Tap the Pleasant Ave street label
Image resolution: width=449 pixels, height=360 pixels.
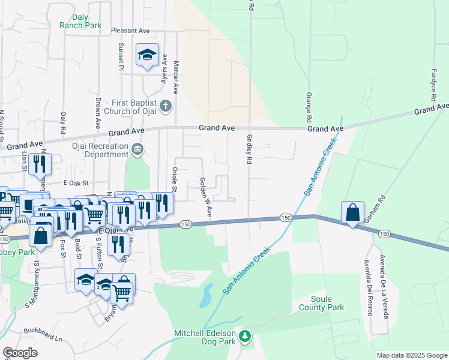(x=130, y=31)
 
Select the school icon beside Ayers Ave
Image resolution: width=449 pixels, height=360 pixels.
(x=147, y=56)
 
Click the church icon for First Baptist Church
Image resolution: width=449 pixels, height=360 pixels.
(x=166, y=107)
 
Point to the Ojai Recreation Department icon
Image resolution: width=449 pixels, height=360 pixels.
(x=137, y=148)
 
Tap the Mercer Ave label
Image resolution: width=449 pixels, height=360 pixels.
(x=176, y=77)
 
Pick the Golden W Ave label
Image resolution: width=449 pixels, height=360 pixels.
(x=206, y=197)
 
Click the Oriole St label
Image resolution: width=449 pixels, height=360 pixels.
(x=175, y=180)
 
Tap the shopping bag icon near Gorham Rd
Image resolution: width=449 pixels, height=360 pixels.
(x=352, y=213)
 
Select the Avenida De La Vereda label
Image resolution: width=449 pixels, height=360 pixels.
(x=382, y=277)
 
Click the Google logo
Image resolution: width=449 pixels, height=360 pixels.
(x=20, y=353)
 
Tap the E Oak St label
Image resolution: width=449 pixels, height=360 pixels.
(x=76, y=182)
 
